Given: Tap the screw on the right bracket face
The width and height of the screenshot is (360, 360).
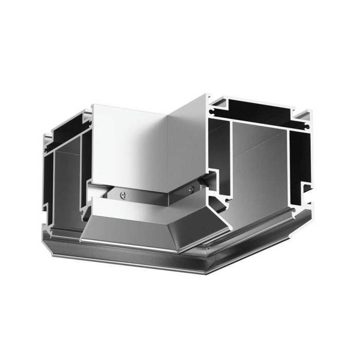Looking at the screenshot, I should click(191, 189).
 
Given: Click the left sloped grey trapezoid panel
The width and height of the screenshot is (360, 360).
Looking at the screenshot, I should click(129, 229).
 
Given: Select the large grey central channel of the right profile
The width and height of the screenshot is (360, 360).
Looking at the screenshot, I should click(257, 170).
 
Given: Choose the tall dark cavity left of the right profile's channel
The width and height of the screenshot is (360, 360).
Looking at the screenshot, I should click(219, 154).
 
